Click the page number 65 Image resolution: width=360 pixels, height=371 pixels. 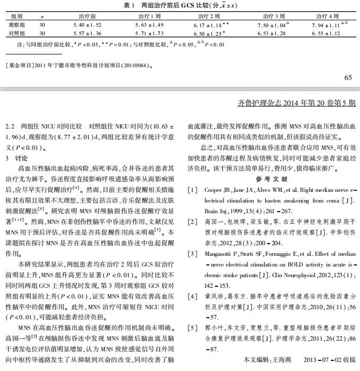point(348,78)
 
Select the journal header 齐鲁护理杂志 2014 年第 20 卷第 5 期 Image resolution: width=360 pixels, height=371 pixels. point(296,103)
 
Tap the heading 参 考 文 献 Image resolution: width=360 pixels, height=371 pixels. point(271,179)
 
